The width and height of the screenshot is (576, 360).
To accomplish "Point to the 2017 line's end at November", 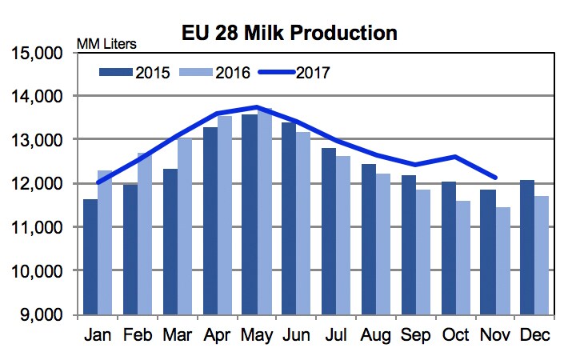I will tap(497, 178).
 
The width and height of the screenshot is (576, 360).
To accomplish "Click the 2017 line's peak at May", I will tap(256, 106).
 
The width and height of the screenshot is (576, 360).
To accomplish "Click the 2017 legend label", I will tap(314, 72).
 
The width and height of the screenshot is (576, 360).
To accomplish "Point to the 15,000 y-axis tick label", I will tap(39, 54).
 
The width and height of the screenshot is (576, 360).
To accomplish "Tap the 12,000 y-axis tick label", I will tap(39, 184).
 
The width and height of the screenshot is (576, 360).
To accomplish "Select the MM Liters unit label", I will tap(106, 42).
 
